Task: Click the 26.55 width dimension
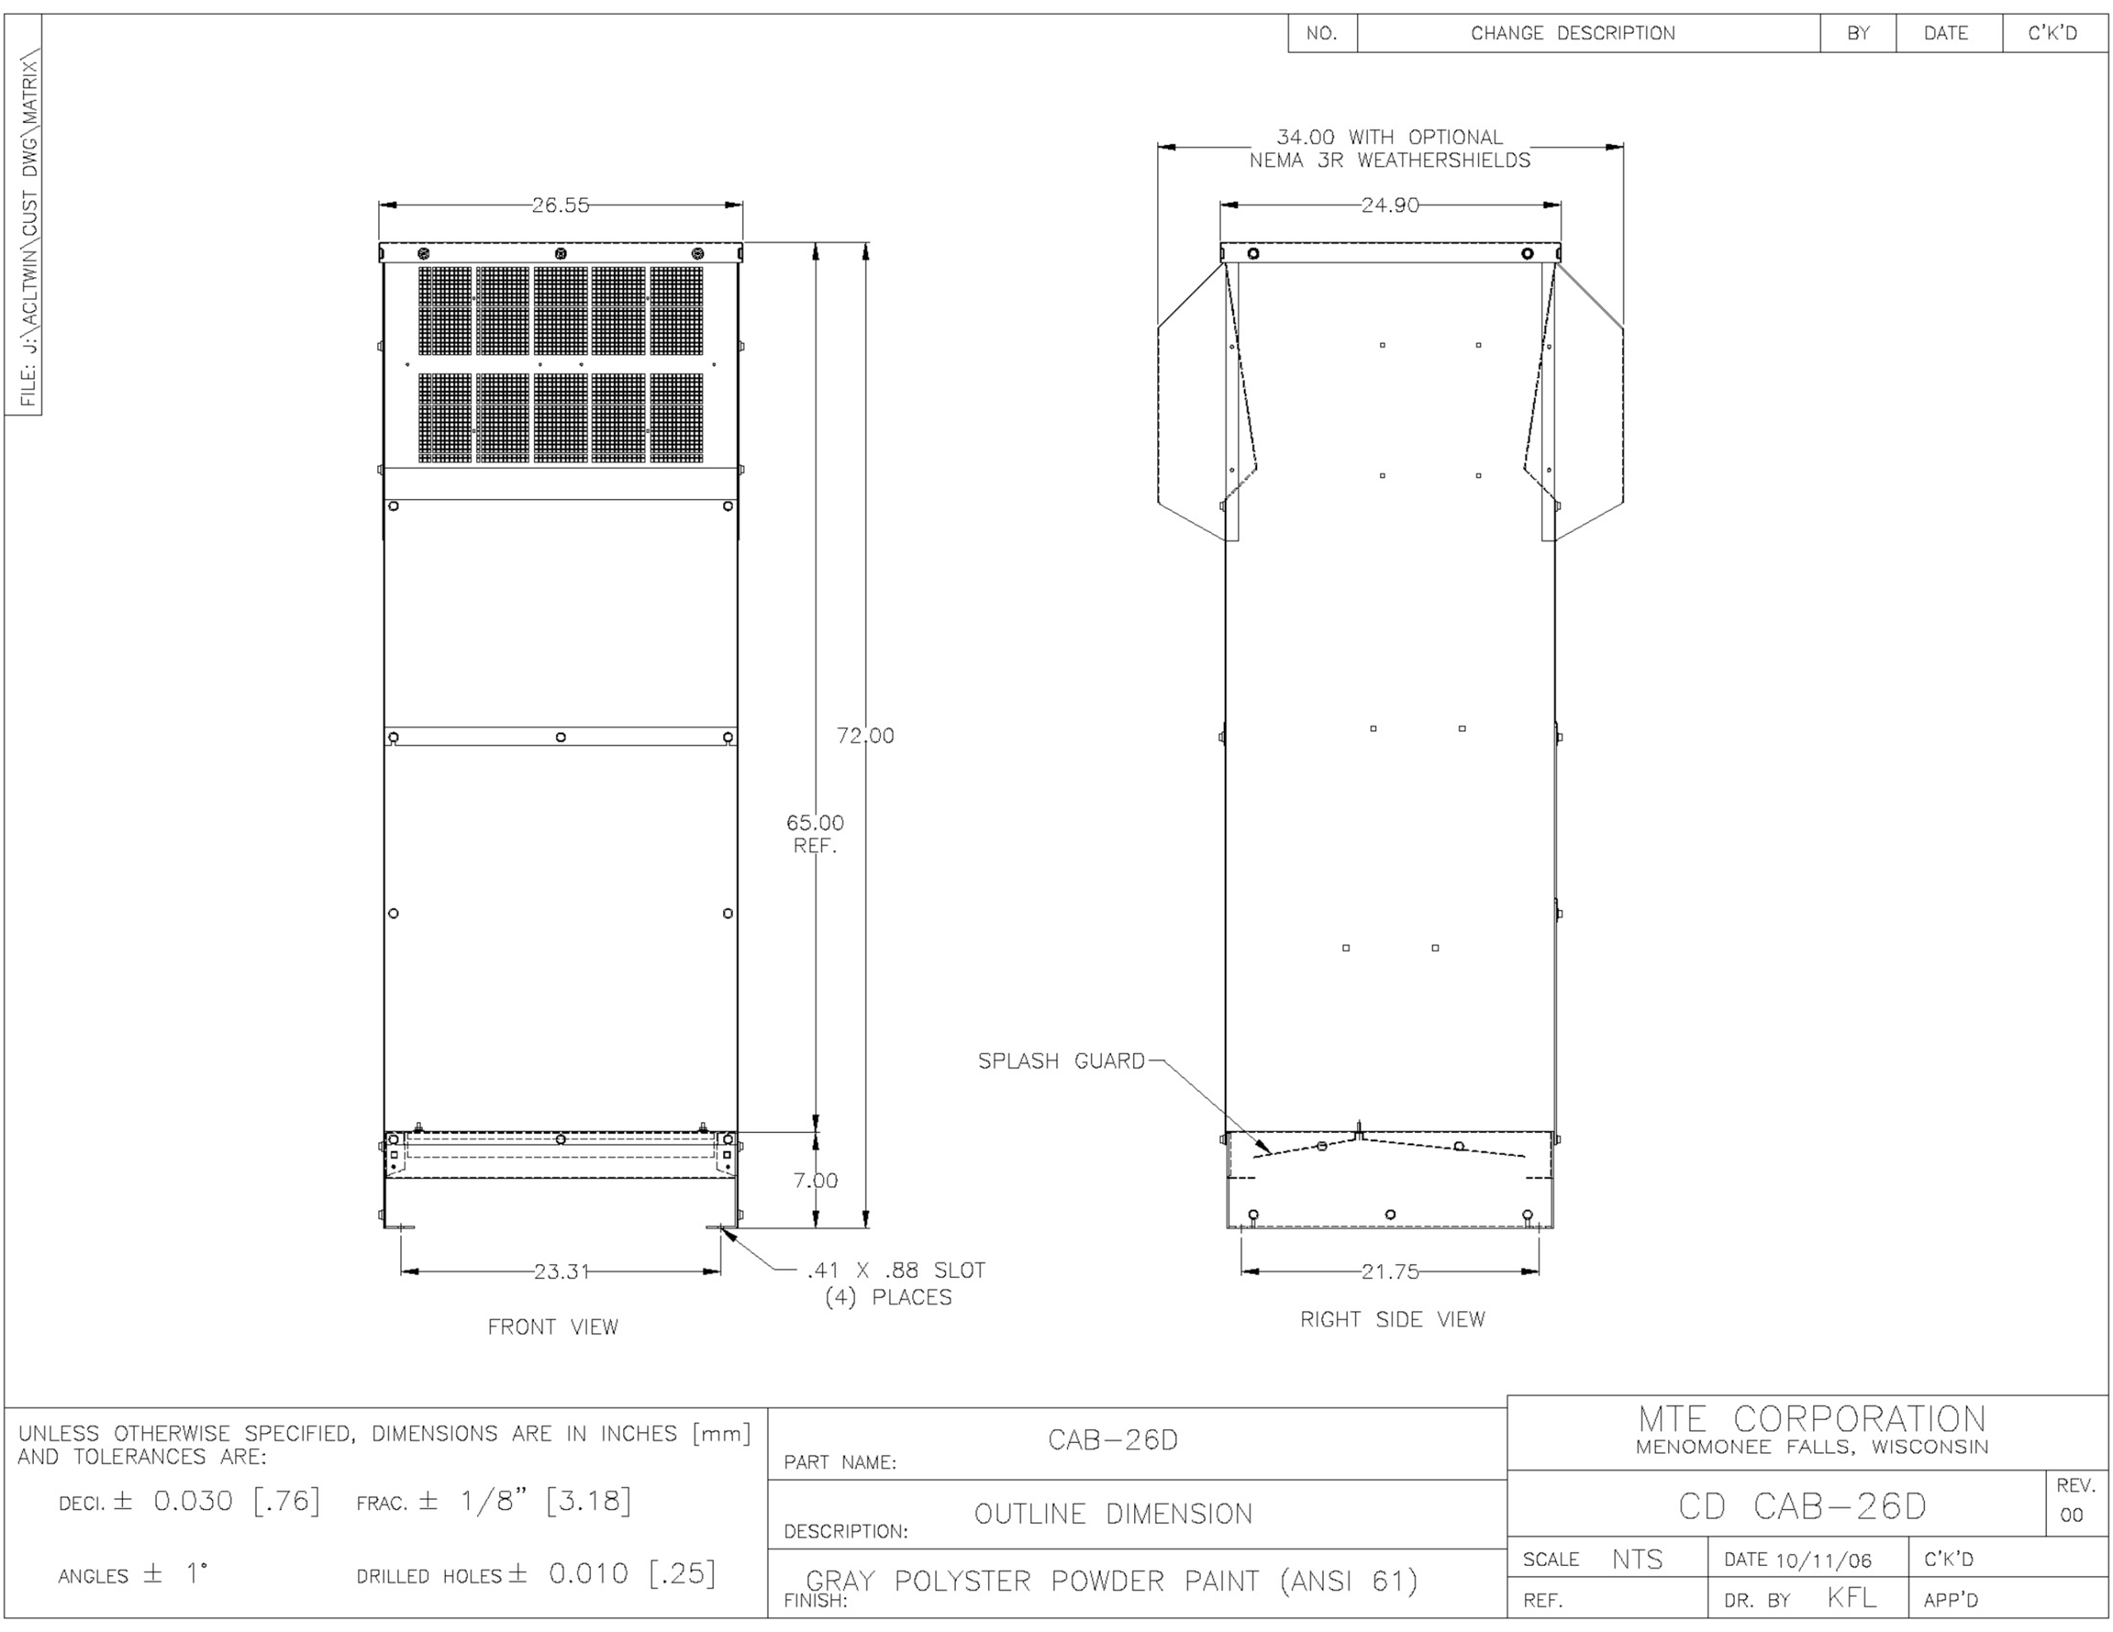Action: (560, 205)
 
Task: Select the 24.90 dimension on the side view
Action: (1390, 205)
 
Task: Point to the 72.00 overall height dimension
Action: (865, 735)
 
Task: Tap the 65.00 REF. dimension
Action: (815, 834)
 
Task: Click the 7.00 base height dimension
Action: (815, 1180)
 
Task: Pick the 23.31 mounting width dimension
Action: (561, 1271)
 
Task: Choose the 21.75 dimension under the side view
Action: (1390, 1271)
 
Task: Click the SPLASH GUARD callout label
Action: (1061, 1061)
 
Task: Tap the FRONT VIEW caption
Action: (552, 1326)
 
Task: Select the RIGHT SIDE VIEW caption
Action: (1392, 1318)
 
